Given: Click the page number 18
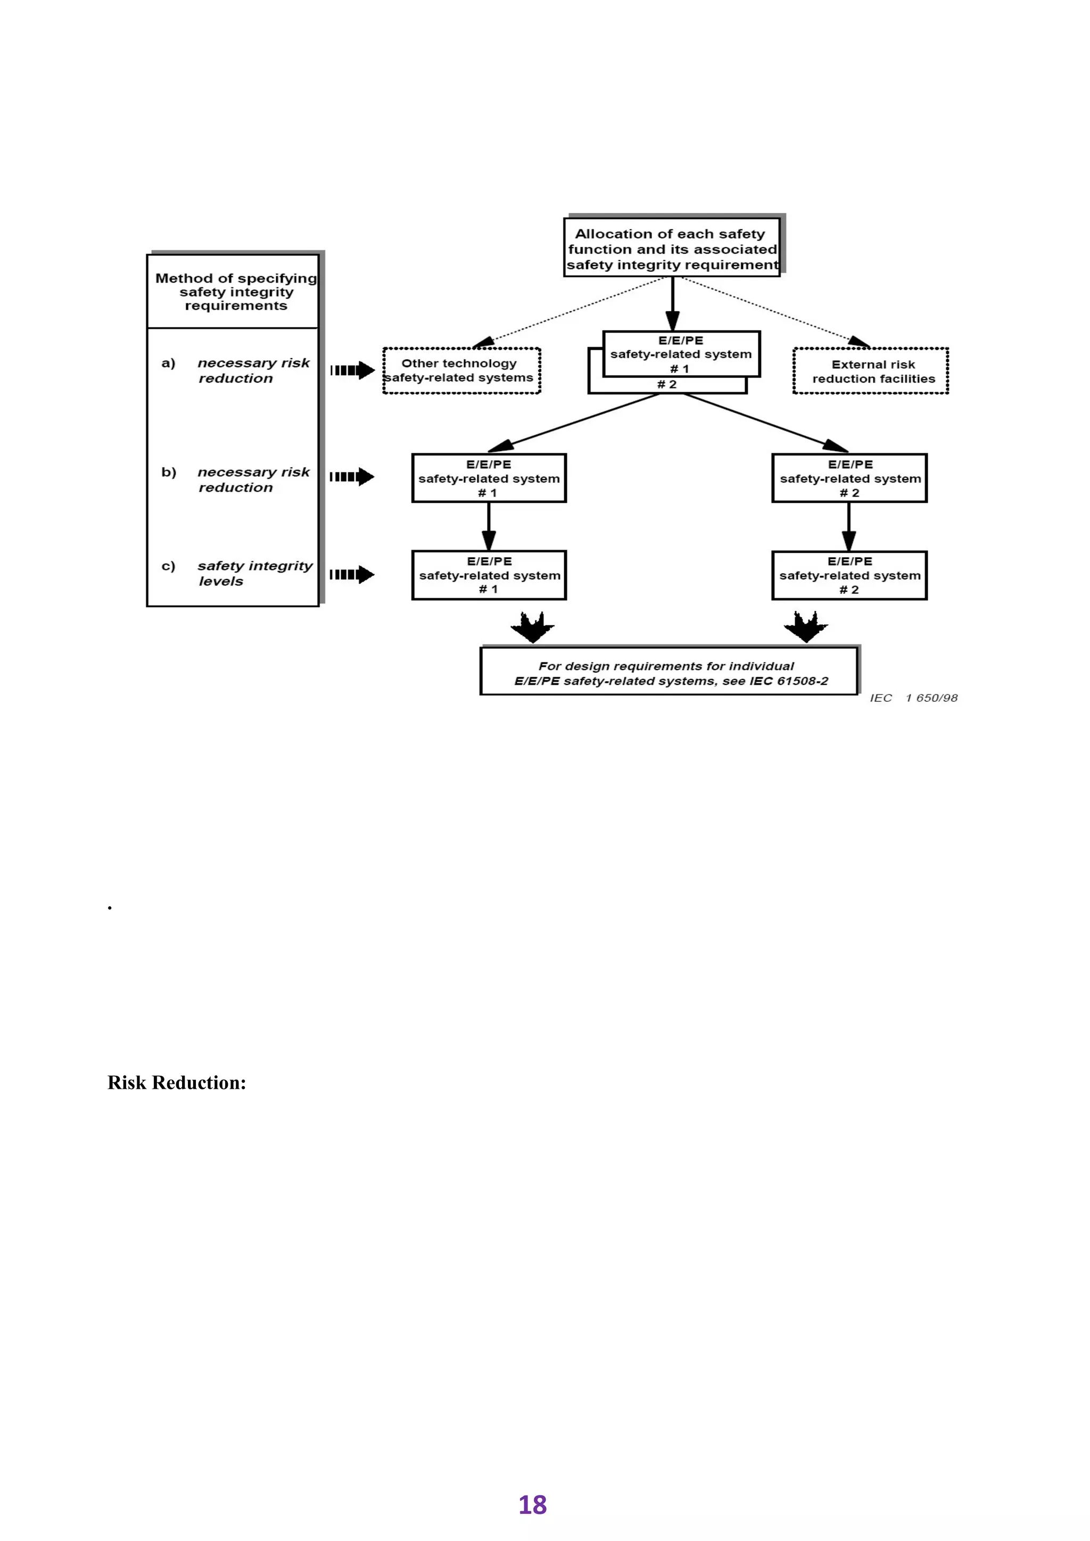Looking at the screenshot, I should [532, 1505].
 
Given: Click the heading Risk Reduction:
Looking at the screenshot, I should [177, 1083].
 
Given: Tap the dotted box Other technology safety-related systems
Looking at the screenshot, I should [461, 370].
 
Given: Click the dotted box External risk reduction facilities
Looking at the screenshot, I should [871, 371].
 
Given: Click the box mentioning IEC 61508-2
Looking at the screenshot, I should [669, 673].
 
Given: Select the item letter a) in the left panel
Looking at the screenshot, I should [169, 363].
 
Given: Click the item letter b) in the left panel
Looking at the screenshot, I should [169, 473].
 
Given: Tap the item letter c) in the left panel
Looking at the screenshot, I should [169, 566].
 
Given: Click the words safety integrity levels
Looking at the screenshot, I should [254, 573].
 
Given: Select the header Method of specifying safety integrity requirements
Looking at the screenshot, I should [236, 292].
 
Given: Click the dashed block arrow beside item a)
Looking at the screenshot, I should [352, 370].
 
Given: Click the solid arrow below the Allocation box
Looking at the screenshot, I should [673, 303].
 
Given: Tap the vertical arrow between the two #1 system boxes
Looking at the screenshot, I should [489, 526].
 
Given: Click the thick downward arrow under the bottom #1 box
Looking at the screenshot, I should [532, 627].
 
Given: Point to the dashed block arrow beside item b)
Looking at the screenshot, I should [352, 477].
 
